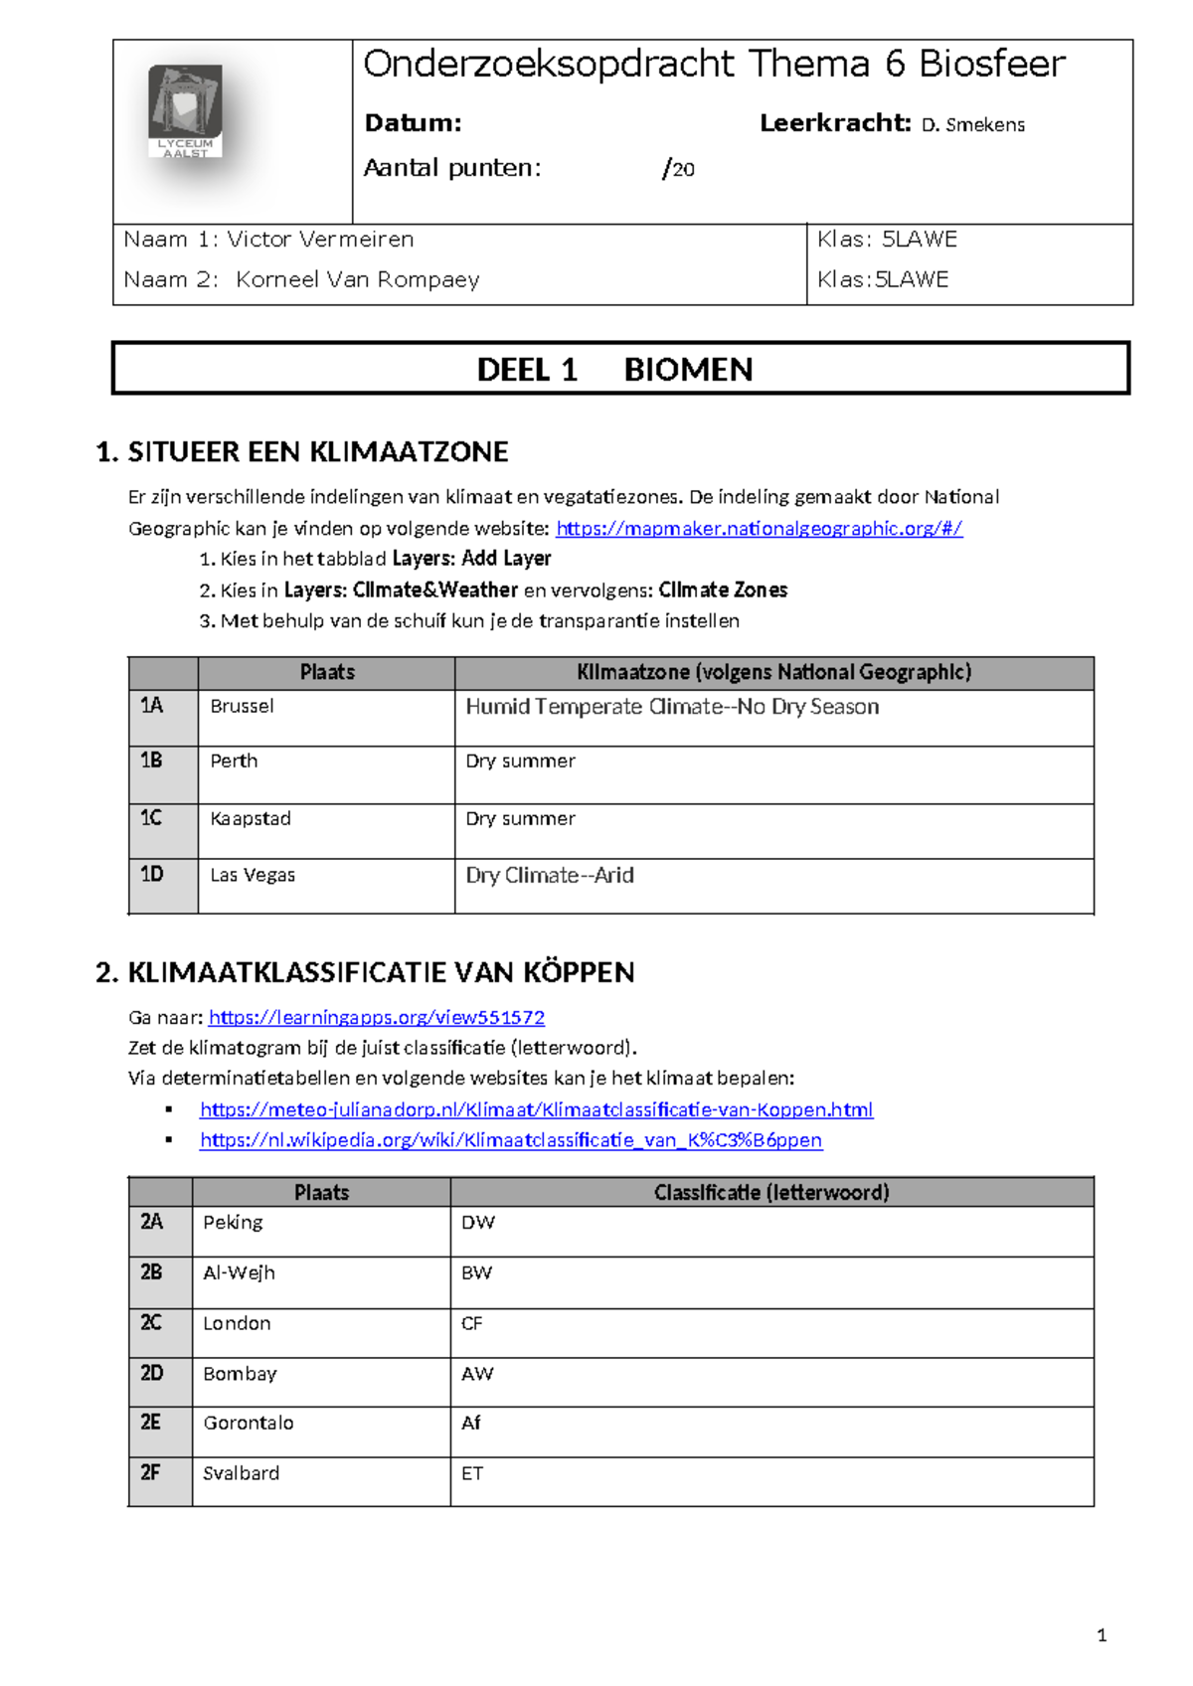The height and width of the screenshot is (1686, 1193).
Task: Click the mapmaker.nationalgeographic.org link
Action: (x=759, y=529)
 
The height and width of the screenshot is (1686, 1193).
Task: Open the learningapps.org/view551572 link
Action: (x=377, y=1017)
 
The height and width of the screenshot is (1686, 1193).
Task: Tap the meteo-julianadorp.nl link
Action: (x=536, y=1109)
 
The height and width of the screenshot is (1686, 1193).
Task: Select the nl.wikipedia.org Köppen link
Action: (x=511, y=1140)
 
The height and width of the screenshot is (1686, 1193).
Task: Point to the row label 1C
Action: (x=151, y=818)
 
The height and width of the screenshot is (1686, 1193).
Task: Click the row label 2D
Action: (x=151, y=1373)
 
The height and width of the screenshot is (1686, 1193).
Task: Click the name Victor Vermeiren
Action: (x=320, y=240)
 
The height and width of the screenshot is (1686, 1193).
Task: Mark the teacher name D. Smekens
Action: (x=972, y=125)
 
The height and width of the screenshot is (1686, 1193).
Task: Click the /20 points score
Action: (x=678, y=169)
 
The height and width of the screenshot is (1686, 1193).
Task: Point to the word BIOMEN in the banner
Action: (x=688, y=370)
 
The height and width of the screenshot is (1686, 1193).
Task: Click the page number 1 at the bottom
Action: (x=1101, y=1635)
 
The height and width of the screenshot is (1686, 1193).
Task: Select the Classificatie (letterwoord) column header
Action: (x=771, y=1192)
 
